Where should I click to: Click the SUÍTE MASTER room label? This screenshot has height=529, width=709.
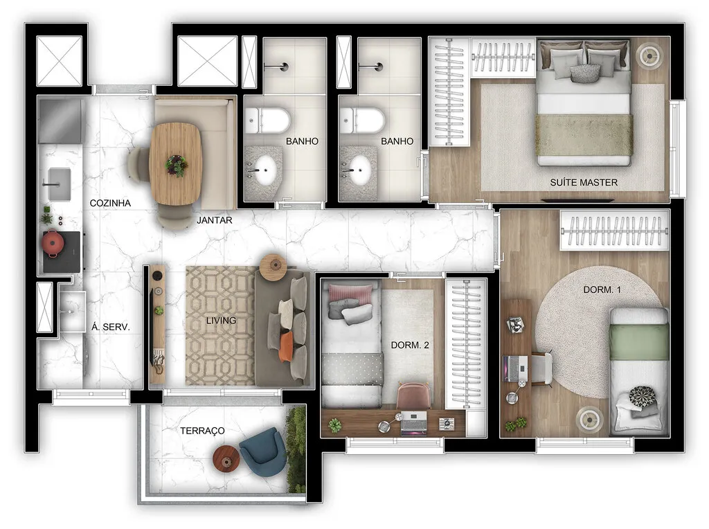pos(583,183)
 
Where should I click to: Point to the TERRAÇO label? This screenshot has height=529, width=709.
pos(202,431)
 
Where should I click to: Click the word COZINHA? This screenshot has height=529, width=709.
pos(111,203)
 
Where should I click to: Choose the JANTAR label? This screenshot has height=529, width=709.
pos(214,220)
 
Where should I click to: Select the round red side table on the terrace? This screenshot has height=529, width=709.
pos(226,458)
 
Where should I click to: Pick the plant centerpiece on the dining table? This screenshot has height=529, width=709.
pos(176,165)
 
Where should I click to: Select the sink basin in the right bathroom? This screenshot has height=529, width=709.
pos(360,168)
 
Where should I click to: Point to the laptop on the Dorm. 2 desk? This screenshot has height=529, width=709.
pos(413,422)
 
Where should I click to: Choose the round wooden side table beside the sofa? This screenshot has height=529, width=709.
pos(273,264)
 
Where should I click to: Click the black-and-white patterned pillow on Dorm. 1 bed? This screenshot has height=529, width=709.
pos(643,397)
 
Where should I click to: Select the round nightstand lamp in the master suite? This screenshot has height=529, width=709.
pos(651,55)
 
